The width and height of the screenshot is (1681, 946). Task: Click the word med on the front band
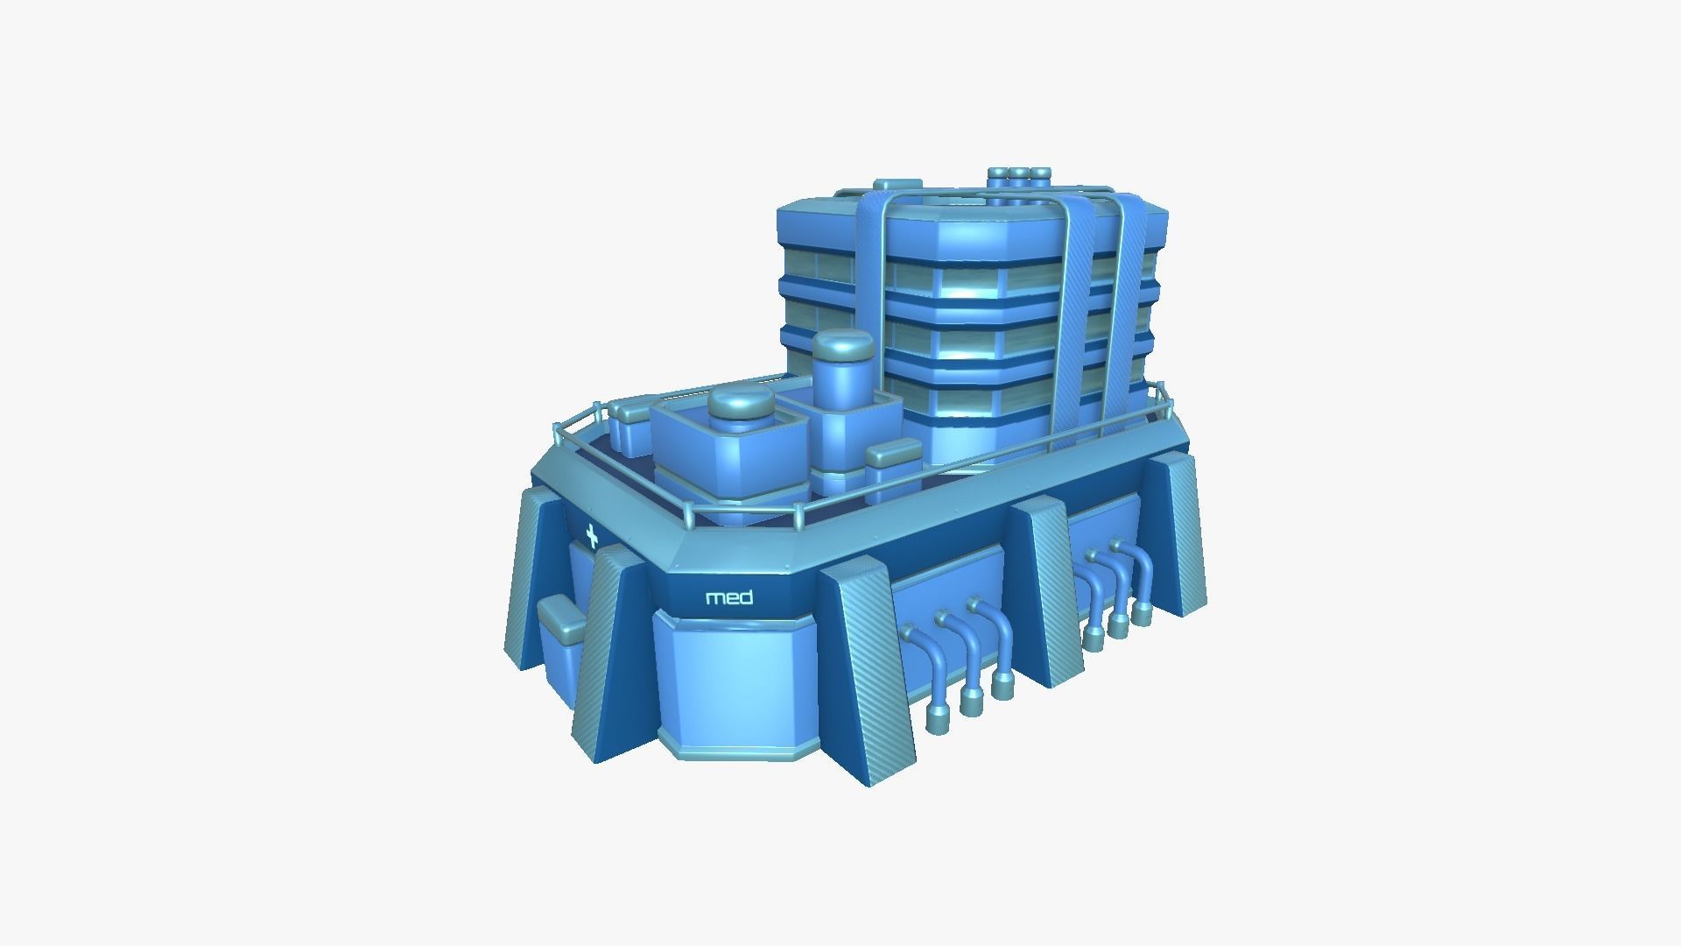click(728, 598)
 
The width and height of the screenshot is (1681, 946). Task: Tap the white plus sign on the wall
click(592, 535)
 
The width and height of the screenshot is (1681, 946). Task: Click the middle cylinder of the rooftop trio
click(1019, 178)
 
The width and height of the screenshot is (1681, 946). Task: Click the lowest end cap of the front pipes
click(938, 720)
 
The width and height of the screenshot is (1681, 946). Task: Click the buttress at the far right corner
click(1178, 534)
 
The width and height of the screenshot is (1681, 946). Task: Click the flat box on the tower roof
click(897, 185)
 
